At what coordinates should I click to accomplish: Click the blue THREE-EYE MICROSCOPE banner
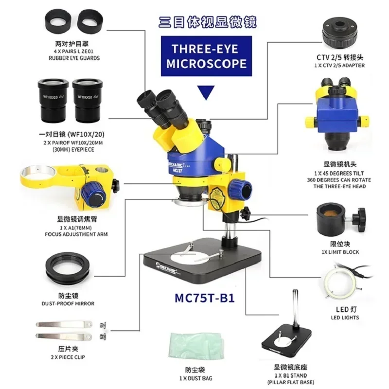[x=207, y=56]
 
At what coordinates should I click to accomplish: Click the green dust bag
[x=194, y=345]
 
